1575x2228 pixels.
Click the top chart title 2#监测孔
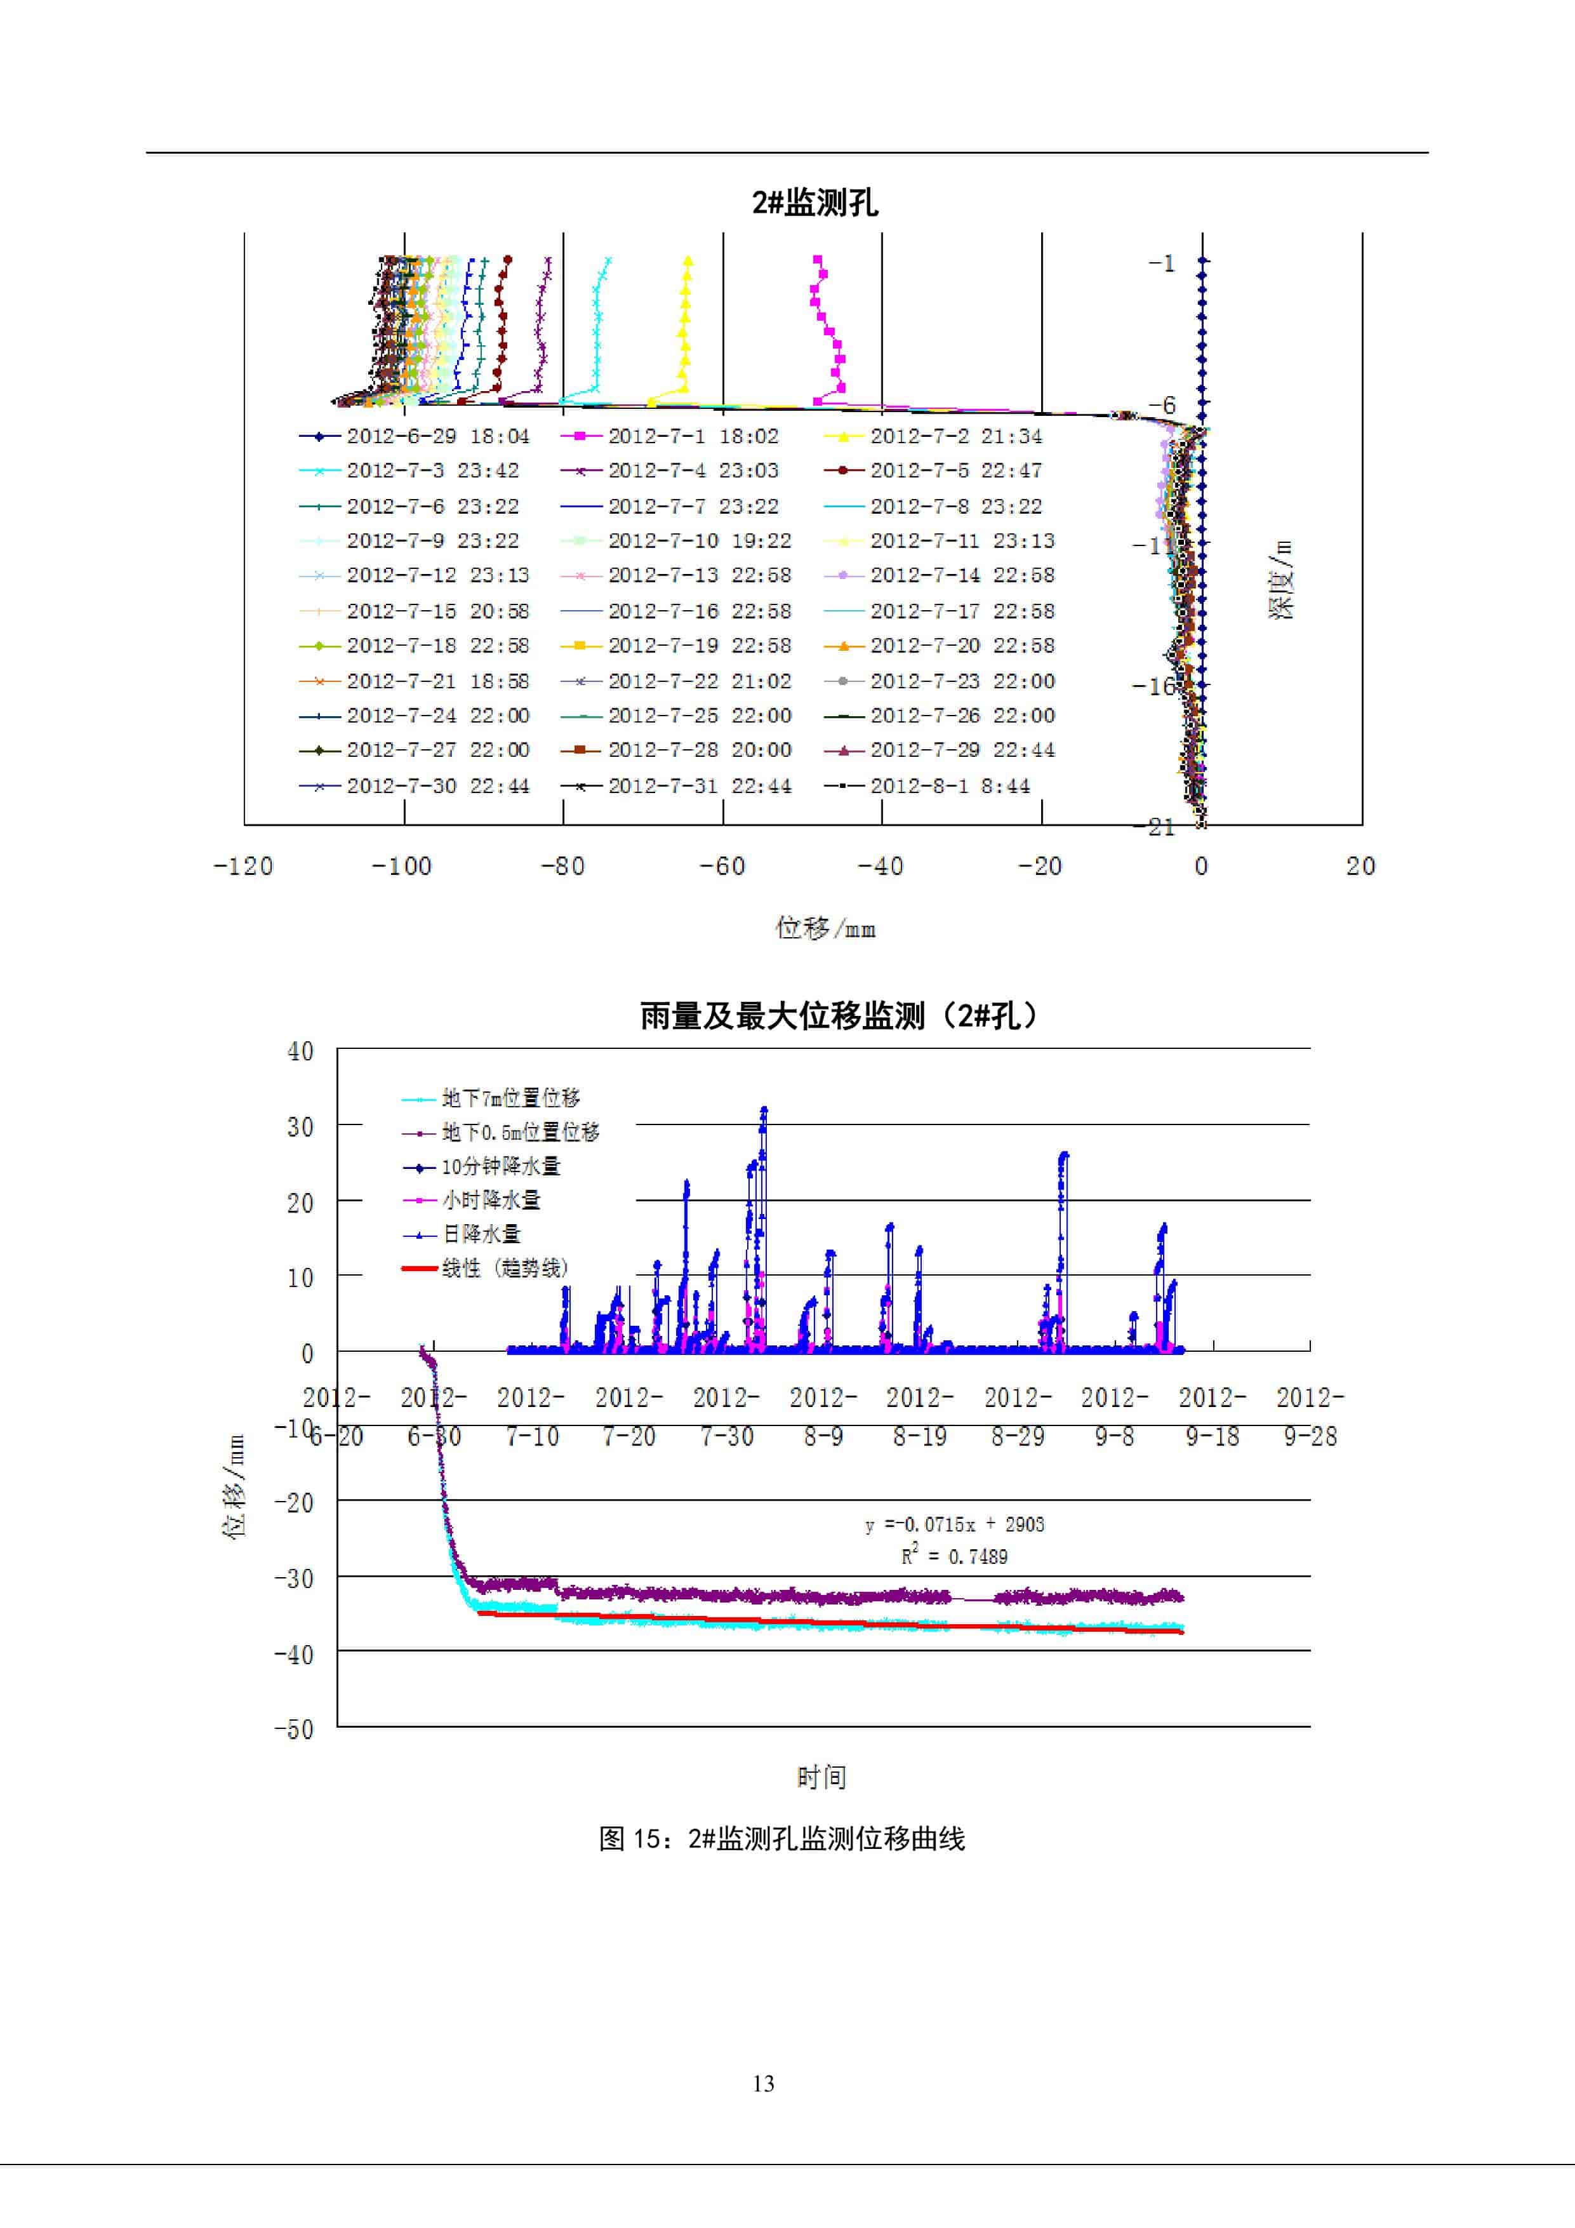[814, 203]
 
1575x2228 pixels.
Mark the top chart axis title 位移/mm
[825, 929]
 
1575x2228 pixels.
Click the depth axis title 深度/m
[1281, 580]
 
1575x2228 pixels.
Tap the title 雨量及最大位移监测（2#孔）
[839, 1016]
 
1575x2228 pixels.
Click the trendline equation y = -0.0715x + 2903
[955, 1524]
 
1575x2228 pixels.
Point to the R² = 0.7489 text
[955, 1556]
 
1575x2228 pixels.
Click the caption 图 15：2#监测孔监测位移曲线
[782, 1839]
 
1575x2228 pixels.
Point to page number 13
[764, 2083]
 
